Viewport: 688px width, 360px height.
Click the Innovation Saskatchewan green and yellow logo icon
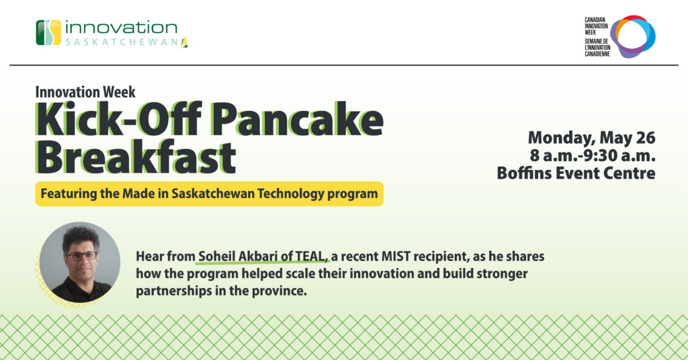point(48,32)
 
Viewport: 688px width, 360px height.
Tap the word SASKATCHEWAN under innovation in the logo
point(122,42)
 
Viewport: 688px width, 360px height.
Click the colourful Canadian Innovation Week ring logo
point(633,36)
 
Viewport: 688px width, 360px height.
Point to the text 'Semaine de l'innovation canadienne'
point(597,48)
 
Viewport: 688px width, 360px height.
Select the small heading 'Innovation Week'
point(85,92)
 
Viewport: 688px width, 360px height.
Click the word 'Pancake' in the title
point(298,120)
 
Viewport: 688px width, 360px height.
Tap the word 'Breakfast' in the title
point(136,156)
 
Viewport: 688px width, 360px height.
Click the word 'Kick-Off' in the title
point(118,120)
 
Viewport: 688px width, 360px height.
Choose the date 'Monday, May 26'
point(591,138)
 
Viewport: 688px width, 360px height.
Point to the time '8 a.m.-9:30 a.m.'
point(593,155)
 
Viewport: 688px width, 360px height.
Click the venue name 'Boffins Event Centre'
point(576,173)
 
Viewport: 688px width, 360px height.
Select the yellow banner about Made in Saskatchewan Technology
point(210,194)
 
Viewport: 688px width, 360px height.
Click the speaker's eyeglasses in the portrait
point(82,256)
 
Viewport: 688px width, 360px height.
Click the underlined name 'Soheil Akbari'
point(239,256)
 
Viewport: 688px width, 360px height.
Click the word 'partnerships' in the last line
point(170,291)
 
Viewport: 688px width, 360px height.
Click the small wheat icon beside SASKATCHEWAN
point(184,42)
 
